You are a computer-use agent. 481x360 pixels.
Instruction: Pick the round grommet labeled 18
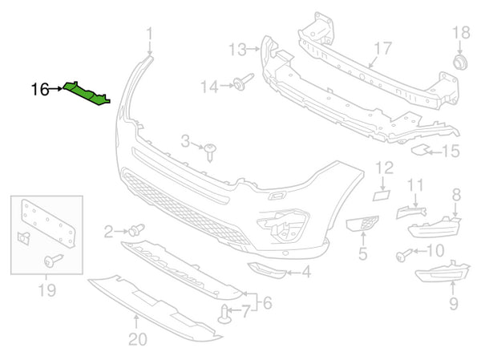click(x=461, y=62)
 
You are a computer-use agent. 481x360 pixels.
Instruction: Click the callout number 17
click(x=382, y=48)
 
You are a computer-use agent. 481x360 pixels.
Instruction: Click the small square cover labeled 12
click(x=382, y=194)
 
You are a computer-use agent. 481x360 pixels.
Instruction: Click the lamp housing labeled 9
click(x=441, y=275)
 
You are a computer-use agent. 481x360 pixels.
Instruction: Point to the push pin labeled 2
click(x=134, y=230)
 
